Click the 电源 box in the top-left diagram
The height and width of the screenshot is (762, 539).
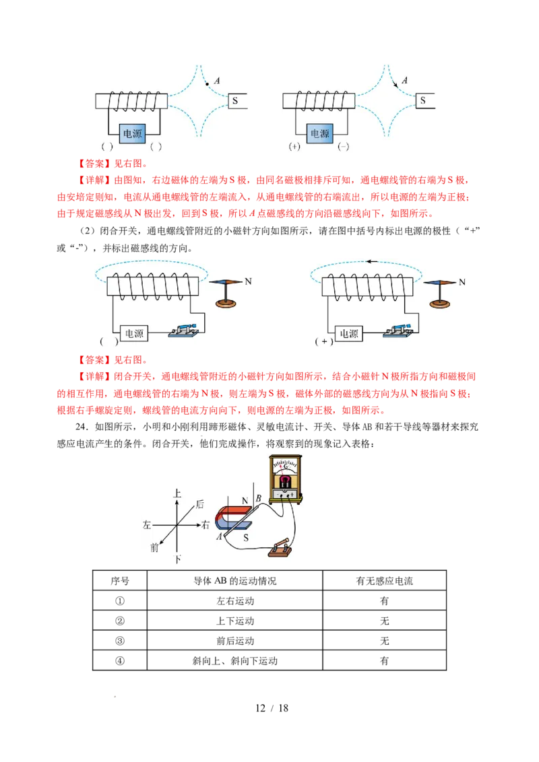tap(133, 134)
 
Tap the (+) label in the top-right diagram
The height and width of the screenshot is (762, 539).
tap(294, 146)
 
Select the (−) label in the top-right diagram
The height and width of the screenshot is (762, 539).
tap(344, 146)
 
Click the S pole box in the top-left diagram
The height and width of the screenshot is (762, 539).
tap(238, 101)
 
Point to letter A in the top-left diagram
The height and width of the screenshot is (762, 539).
tap(217, 81)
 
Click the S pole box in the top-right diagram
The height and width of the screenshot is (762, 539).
tap(426, 101)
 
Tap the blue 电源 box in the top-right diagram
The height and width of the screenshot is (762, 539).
tap(321, 134)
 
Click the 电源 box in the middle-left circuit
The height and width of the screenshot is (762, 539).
tap(134, 333)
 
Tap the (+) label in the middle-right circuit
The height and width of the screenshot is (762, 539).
tap(324, 341)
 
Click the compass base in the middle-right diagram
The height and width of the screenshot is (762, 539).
tap(441, 304)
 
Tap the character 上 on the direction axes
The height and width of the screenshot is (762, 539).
tap(177, 493)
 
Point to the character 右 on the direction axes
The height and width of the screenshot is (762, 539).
tap(206, 525)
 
